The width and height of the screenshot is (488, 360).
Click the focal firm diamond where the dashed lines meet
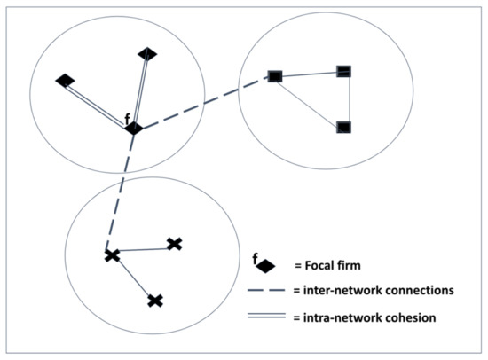pos(133,129)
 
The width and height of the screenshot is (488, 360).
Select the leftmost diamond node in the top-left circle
pos(64,81)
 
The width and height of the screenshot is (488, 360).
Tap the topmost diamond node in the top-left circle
pos(148,54)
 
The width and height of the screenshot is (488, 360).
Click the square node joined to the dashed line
pos(275,76)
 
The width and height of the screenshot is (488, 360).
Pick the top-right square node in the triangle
pos(344,71)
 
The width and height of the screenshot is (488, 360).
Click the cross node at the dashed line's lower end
pos(112,256)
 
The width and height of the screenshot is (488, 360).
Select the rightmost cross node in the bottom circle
pos(175,244)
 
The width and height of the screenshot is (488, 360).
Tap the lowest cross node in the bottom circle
pos(155,301)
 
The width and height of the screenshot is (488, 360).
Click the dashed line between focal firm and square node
pos(204,103)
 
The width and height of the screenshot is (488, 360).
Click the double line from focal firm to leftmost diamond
pos(98,105)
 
